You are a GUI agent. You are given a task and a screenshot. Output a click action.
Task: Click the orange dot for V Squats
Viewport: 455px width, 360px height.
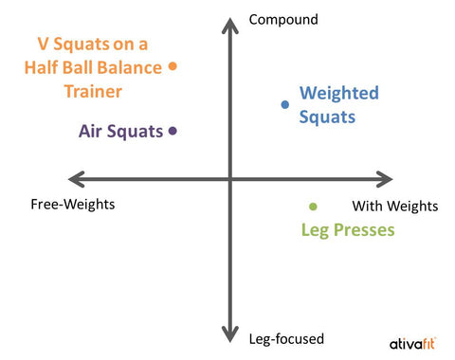(x=173, y=66)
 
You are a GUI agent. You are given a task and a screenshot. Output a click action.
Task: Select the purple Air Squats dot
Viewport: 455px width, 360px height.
(x=173, y=132)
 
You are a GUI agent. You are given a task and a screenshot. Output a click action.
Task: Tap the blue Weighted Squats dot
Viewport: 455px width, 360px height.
(x=283, y=104)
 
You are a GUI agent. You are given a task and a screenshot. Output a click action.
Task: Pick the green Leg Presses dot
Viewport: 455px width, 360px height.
(x=313, y=206)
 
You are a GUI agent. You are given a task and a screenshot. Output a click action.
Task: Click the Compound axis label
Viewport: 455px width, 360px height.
(x=282, y=18)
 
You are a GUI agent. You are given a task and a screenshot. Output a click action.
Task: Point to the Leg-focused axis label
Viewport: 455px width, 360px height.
(x=286, y=338)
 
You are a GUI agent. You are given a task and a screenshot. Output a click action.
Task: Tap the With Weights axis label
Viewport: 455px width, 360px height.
(x=395, y=206)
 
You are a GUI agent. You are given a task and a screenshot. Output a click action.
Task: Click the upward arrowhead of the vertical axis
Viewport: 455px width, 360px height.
(x=228, y=21)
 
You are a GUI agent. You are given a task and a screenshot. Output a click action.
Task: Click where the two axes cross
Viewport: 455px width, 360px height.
(x=228, y=178)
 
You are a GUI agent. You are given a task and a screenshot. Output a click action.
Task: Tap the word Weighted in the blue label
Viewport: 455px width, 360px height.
(x=338, y=93)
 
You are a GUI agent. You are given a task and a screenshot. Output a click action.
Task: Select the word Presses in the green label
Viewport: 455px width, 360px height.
(x=363, y=229)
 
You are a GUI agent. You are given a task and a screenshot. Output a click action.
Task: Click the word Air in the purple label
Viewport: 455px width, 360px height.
(x=93, y=132)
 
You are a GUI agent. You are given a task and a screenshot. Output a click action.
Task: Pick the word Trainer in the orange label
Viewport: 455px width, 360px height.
(x=93, y=91)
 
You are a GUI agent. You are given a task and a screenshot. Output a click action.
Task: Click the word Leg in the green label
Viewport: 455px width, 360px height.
(x=315, y=229)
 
